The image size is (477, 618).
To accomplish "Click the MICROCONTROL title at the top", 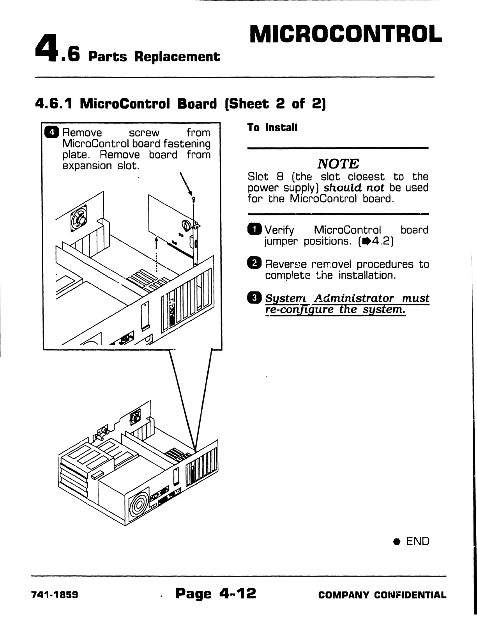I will pos(346,34).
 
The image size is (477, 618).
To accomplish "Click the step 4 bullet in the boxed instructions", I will pos(51,132).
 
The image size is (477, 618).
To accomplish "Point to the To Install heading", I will pos(272,128).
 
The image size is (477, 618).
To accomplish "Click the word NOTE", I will pos(338,163).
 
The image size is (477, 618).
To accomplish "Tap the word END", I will pos(417,541).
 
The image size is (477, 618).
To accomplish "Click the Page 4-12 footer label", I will pos(216,593).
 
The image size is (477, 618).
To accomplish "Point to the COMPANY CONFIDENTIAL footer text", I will pos(382,595).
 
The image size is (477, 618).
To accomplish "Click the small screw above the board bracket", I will pos(193,200).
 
